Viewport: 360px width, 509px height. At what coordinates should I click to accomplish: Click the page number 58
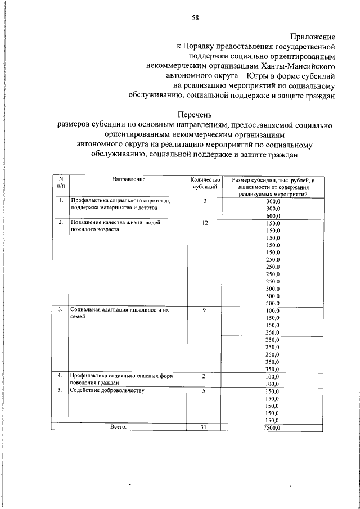[x=195, y=17]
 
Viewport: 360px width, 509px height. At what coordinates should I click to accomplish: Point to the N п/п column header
[x=60, y=182]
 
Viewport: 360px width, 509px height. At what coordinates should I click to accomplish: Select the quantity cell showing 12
[x=205, y=223]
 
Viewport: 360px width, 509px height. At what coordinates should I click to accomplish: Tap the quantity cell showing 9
[x=205, y=310]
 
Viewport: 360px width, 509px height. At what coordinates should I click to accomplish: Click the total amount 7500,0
[x=273, y=427]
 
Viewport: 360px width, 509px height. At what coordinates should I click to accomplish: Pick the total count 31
[x=205, y=427]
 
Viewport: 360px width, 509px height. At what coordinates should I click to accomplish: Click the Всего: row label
[x=118, y=427]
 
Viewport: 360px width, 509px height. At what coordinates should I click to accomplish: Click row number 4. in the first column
[x=60, y=375]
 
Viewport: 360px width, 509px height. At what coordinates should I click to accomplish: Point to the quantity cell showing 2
[x=205, y=375]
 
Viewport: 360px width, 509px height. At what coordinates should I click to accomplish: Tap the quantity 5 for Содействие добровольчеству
[x=205, y=390]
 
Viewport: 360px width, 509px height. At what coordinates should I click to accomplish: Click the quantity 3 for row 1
[x=205, y=201]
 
